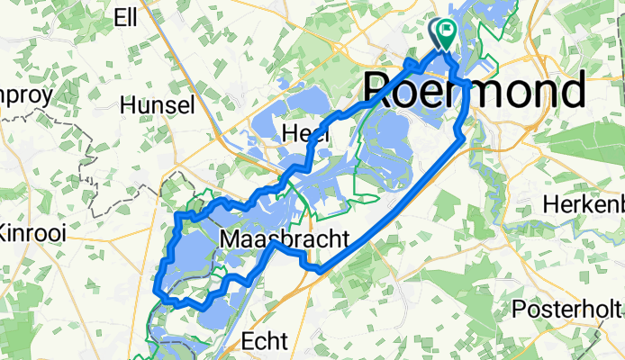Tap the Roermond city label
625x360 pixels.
pos(475,91)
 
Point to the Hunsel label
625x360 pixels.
pos(163,105)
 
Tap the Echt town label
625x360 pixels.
pos(265,342)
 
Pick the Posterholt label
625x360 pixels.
pos(567,310)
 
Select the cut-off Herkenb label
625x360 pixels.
pos(584,205)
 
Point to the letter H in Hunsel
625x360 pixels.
pos(139,105)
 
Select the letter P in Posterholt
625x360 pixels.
pos(519,310)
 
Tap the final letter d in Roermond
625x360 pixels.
pos(571,91)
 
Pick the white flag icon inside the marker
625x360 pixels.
pos(446,31)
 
